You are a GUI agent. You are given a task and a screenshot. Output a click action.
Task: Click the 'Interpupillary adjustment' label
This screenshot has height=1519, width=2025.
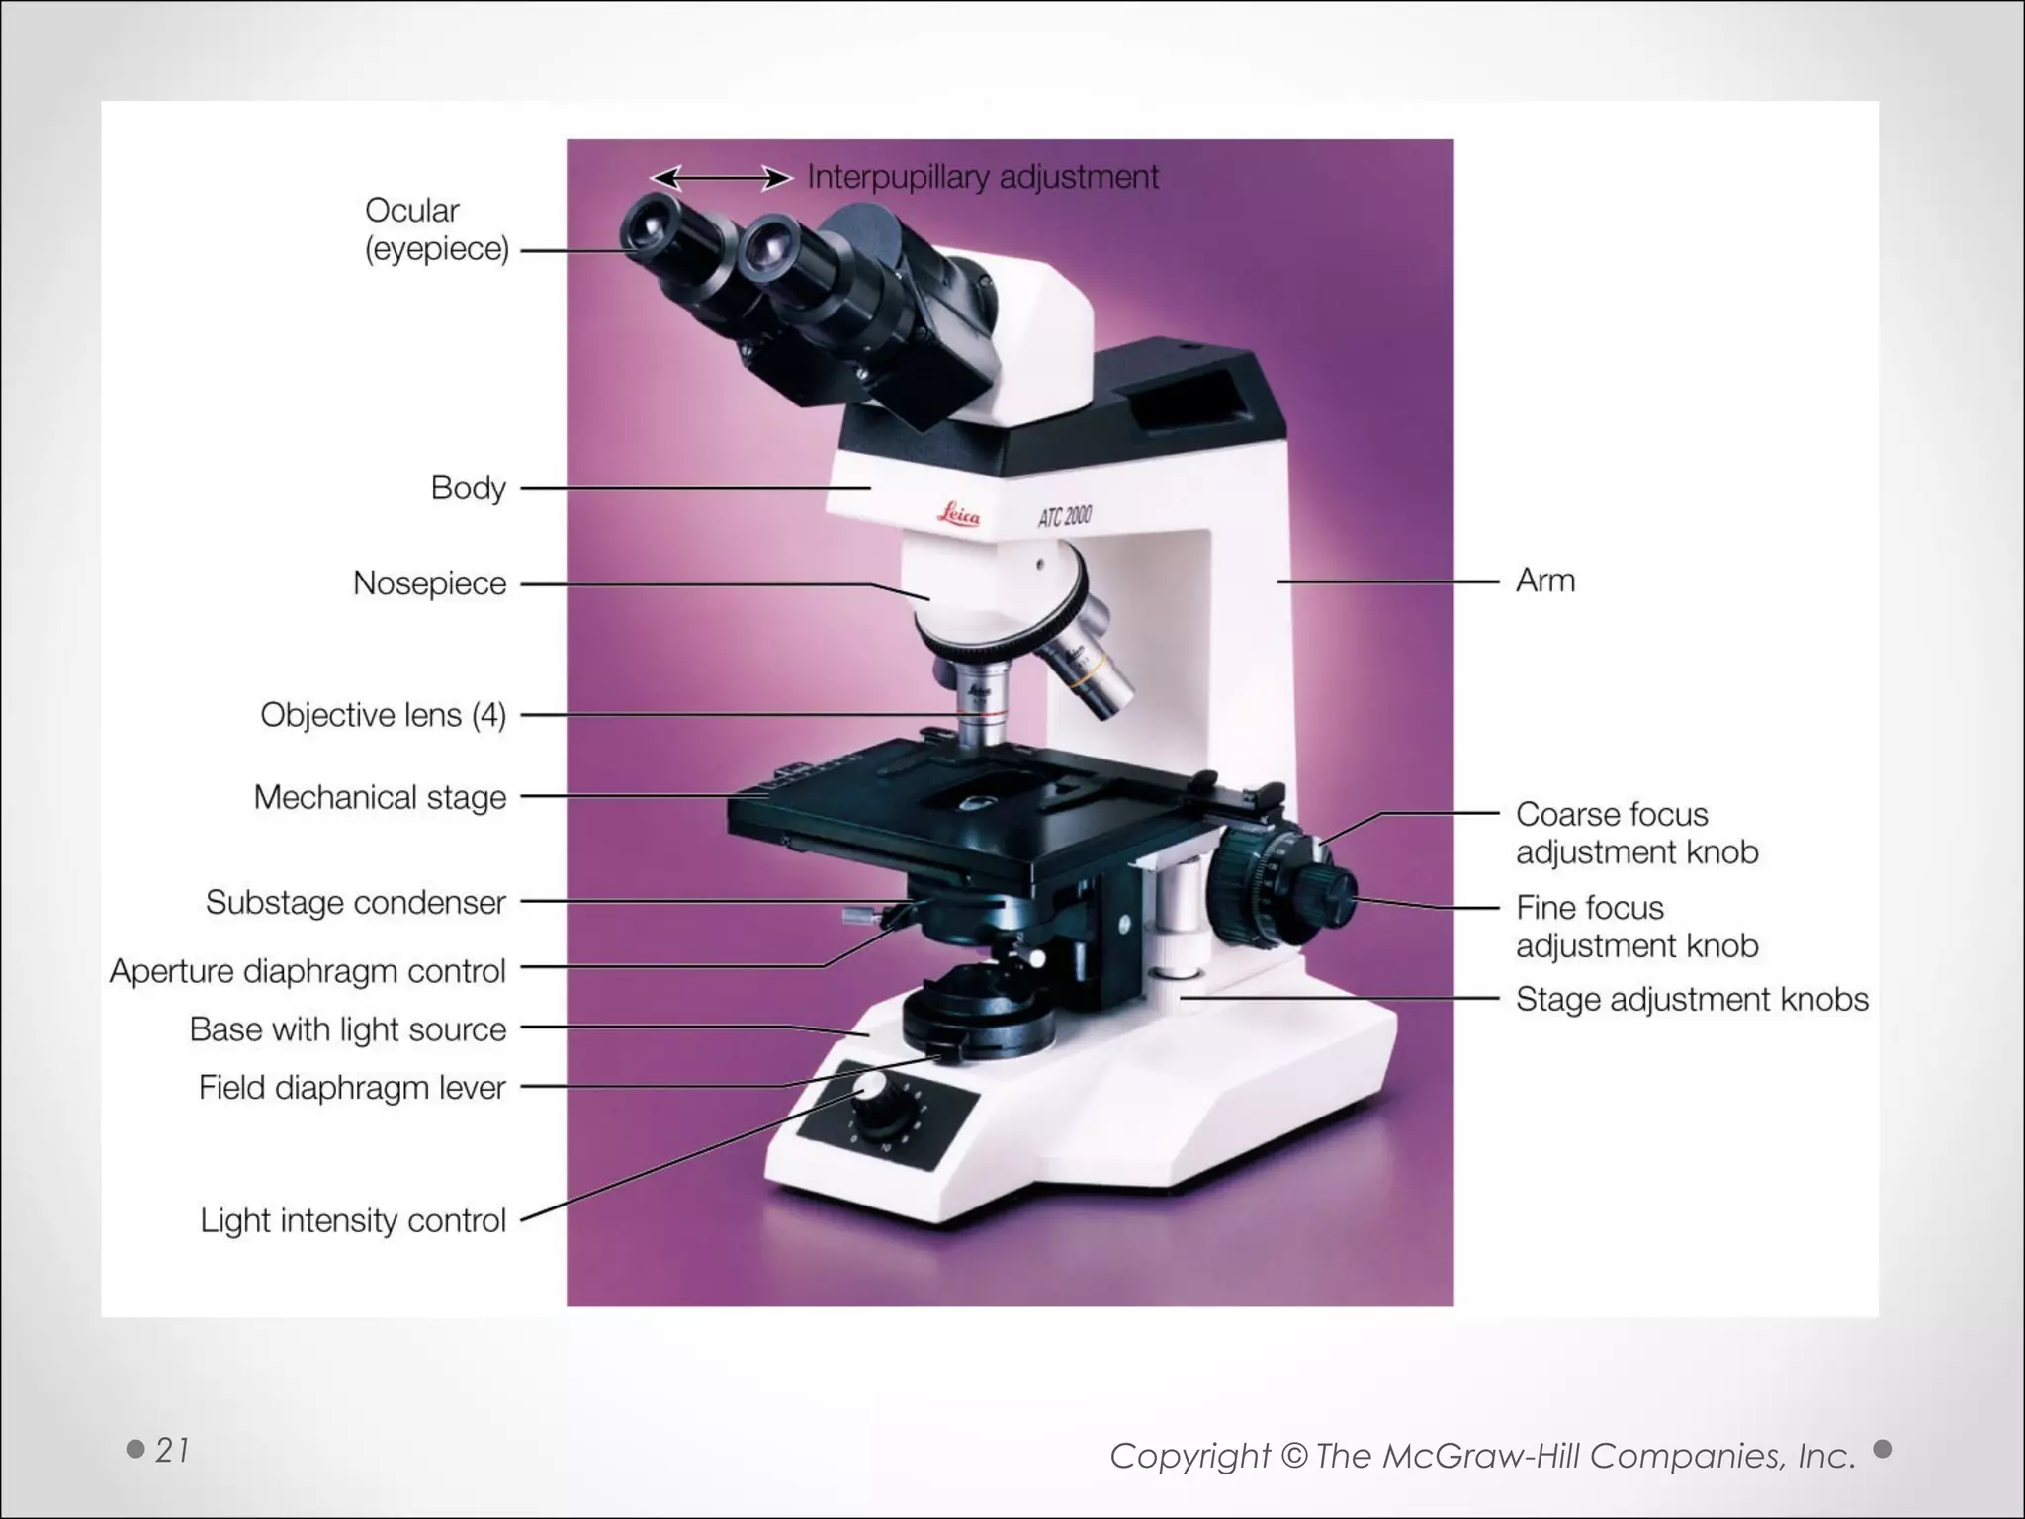(983, 177)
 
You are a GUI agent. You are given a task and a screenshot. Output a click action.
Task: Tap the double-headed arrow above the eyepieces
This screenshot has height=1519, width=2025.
(722, 178)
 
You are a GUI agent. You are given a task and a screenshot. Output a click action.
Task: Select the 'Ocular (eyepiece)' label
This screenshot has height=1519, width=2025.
(437, 229)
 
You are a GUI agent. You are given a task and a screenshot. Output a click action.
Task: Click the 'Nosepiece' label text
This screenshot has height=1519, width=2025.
(429, 583)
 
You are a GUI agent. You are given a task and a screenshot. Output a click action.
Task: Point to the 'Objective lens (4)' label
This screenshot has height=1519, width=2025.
(383, 715)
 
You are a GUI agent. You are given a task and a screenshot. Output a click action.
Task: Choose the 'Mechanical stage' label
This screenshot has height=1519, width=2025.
(380, 797)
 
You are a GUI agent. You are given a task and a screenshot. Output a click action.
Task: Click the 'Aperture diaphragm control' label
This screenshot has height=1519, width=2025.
(308, 971)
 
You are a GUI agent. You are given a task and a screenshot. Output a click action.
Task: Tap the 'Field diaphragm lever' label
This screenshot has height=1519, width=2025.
(352, 1088)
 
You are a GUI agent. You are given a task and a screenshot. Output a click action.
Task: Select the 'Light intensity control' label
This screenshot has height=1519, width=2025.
(353, 1220)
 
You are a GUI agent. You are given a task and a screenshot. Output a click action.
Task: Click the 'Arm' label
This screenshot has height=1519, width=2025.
(1545, 581)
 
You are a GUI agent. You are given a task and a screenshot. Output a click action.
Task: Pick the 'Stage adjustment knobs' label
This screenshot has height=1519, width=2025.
(1692, 1000)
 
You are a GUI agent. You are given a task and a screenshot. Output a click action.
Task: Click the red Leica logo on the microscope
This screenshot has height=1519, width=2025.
(958, 515)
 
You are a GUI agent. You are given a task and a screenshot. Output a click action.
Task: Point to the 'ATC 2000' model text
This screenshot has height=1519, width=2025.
(1065, 515)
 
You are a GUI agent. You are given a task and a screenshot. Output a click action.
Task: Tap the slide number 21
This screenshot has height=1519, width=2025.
(172, 1450)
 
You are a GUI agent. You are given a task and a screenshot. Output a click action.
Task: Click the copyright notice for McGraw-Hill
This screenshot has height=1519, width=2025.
(1482, 1456)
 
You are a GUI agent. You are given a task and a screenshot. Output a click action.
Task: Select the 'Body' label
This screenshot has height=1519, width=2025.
(469, 488)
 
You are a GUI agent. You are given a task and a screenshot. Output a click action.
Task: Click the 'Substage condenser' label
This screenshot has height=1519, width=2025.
(356, 903)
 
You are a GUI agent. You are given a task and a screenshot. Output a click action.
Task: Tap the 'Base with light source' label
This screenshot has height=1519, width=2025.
(348, 1029)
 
